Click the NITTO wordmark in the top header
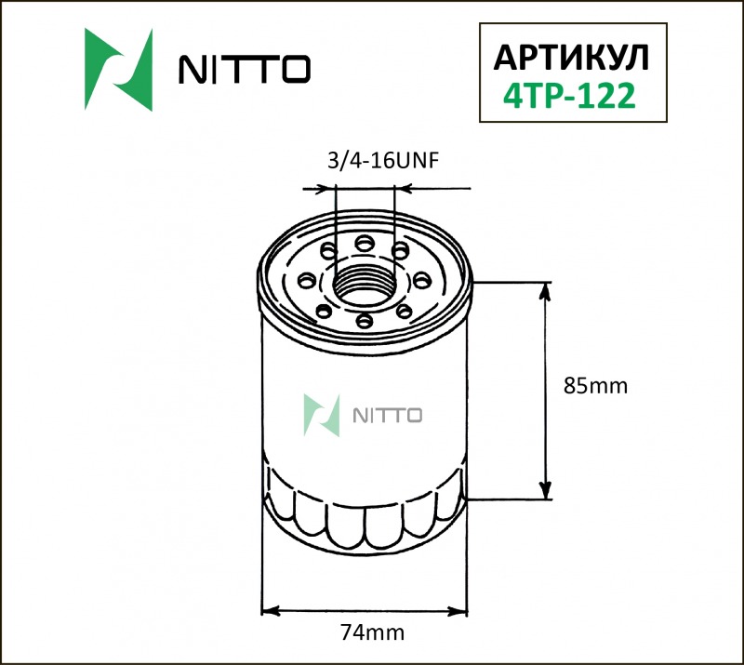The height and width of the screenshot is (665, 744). point(244,69)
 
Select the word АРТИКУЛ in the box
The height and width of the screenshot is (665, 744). point(570,57)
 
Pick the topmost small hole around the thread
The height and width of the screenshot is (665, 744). point(364,242)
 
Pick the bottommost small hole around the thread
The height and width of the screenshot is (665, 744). point(364,321)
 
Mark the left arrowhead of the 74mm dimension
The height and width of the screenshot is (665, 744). point(269,611)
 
